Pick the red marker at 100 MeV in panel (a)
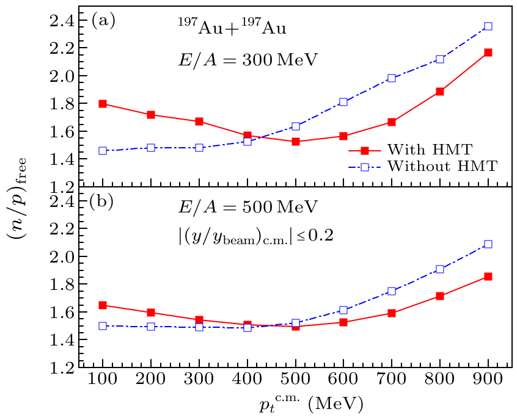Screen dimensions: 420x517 click(103, 104)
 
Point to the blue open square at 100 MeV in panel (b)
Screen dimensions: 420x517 click(103, 326)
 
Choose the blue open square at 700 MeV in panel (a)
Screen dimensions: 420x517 click(392, 78)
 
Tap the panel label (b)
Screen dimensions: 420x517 click(103, 201)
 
